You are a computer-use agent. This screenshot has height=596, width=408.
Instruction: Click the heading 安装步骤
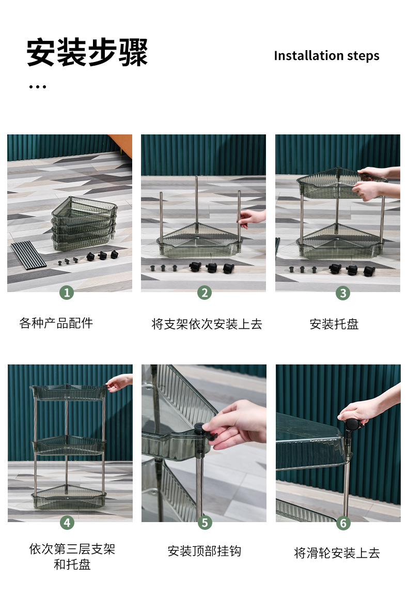[x=87, y=52]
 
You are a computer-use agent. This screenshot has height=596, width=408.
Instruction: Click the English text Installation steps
[x=327, y=56]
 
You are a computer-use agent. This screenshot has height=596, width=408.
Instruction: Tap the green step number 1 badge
[x=67, y=292]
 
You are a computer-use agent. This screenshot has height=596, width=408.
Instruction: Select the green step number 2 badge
[x=205, y=293]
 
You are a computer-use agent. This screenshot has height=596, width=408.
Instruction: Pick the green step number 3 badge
[x=343, y=293]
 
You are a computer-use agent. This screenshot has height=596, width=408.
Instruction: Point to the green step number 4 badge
[x=67, y=522]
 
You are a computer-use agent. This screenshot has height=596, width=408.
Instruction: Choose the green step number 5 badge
[x=205, y=523]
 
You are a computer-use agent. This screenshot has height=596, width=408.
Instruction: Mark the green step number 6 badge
[x=343, y=523]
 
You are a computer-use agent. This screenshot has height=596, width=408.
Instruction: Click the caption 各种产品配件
[x=56, y=323]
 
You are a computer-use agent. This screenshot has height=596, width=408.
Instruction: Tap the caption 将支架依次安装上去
[x=207, y=324]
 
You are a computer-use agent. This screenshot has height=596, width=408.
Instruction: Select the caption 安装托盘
[x=334, y=324]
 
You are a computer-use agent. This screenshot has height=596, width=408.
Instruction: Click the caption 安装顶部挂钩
[x=205, y=551]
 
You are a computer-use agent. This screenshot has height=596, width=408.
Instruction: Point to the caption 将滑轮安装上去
[x=337, y=553]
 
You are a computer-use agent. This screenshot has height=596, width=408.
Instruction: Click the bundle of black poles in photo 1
[x=28, y=255]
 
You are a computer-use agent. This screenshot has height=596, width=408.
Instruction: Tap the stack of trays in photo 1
[x=84, y=223]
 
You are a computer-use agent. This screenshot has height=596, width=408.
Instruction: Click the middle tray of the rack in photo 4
[x=68, y=445]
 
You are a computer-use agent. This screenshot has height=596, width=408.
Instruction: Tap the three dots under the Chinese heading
[x=38, y=87]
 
